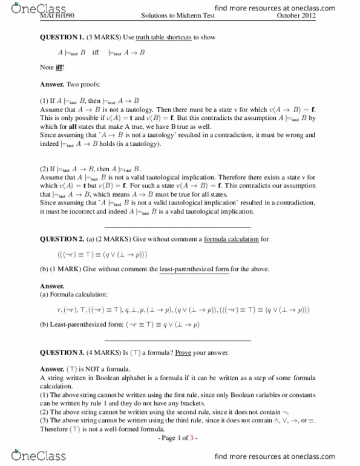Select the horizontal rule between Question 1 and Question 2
point(180,226)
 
